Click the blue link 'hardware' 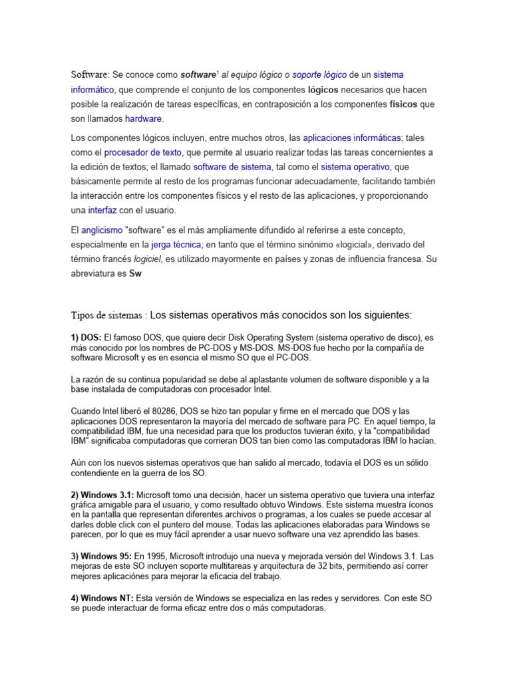pos(143,118)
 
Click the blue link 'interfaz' pos(102,210)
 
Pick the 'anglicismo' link pos(102,229)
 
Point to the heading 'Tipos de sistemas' pos(108,314)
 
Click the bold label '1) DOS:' pos(86,338)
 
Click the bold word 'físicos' pos(403,104)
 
